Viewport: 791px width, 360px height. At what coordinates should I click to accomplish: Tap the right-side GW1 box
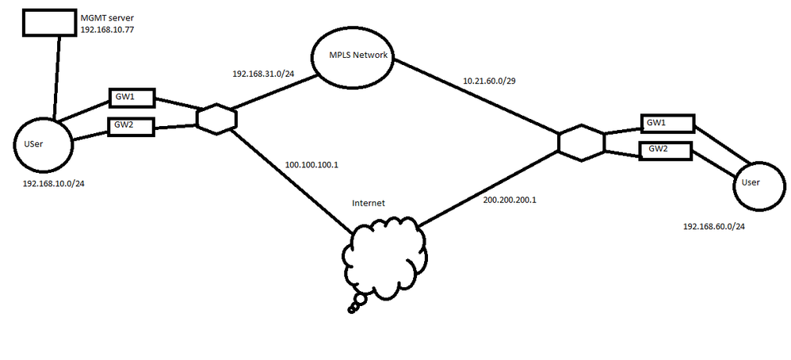667,124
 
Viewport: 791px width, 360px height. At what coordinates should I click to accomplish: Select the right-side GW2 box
667,149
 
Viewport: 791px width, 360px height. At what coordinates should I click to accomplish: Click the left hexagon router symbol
217,119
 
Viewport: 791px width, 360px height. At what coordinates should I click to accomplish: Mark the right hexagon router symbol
582,141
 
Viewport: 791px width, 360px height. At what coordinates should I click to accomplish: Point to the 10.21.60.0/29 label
495,82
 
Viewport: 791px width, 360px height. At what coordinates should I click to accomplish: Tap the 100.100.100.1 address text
317,164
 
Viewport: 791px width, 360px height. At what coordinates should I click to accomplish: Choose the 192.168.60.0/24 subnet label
714,226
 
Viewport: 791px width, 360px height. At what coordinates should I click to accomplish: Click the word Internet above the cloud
368,203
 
